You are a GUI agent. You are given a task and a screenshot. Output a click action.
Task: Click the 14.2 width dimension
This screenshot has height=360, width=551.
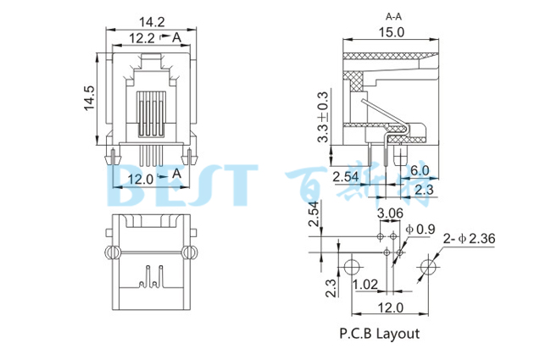149,22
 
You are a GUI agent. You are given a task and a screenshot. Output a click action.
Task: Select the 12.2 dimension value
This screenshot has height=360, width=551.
141,37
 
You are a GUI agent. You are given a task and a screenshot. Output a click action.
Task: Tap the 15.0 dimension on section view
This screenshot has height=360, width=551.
391,31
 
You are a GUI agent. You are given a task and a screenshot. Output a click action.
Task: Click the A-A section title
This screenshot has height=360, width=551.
393,16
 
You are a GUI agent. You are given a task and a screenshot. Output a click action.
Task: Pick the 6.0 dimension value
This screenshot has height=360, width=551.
419,170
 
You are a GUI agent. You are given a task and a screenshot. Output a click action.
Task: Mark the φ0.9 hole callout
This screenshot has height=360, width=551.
421,229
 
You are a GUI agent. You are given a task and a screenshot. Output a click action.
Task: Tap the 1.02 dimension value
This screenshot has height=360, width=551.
366,285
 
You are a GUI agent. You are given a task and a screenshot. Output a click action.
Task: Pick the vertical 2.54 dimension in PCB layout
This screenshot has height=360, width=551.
314,216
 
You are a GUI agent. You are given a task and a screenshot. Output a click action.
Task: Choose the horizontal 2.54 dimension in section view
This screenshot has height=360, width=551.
345,177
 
